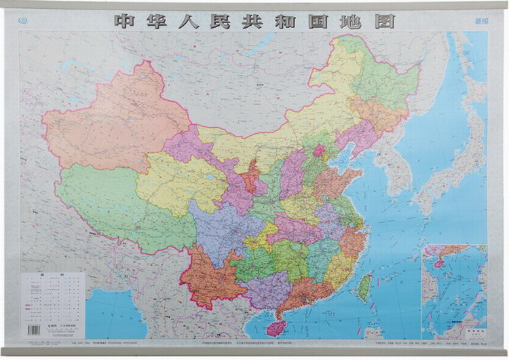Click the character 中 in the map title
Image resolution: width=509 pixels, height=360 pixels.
coord(127,20)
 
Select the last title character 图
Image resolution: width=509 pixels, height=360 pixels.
coord(383,20)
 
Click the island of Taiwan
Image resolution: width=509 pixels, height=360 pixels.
coord(365,287)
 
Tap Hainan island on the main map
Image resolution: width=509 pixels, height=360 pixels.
coord(276,329)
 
